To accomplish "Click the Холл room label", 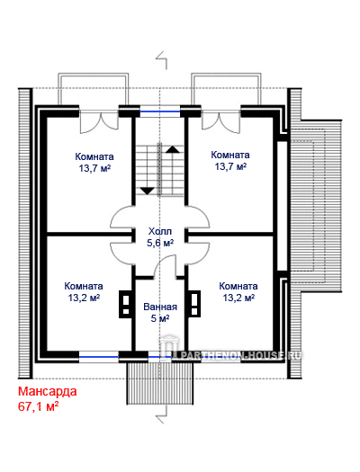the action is point(160,231).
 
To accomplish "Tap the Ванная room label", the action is point(160,307).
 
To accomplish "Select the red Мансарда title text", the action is point(48,391).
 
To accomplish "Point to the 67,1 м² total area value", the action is point(39,406).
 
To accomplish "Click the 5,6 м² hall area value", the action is point(160,243).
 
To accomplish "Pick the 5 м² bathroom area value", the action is point(160,318).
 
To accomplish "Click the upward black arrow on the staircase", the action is point(173,149).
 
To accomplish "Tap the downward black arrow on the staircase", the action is point(148,191).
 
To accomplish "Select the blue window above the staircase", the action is point(160,111).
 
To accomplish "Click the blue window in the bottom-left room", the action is point(99,357).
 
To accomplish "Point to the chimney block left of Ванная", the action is point(126,304).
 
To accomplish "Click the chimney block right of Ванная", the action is point(194,304).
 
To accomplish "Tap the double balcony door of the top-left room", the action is point(99,121).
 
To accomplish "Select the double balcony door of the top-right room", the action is point(221,121).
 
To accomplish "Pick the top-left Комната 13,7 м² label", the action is point(94,162).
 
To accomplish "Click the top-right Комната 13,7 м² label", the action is point(230,160).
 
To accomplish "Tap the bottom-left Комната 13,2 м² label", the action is point(84,291).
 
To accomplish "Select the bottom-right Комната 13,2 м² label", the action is point(238,291).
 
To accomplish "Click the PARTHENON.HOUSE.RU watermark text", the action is point(240,355).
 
